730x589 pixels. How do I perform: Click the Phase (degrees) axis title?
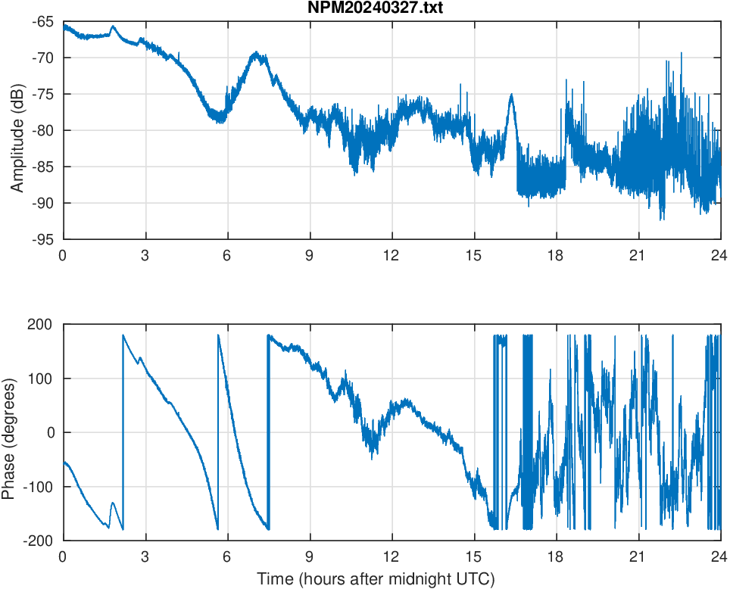(x=9, y=432)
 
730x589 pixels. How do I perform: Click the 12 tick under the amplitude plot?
(x=392, y=255)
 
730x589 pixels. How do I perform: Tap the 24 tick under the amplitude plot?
(x=719, y=255)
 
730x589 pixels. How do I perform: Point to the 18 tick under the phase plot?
(x=556, y=556)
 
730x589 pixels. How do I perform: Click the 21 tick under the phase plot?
(x=638, y=556)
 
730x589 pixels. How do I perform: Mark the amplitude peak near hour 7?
(x=257, y=53)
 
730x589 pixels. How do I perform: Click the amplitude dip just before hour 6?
(x=220, y=120)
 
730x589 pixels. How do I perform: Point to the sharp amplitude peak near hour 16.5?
(x=512, y=95)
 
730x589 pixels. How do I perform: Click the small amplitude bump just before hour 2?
(x=114, y=26)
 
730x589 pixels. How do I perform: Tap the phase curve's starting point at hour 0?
(x=64, y=462)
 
